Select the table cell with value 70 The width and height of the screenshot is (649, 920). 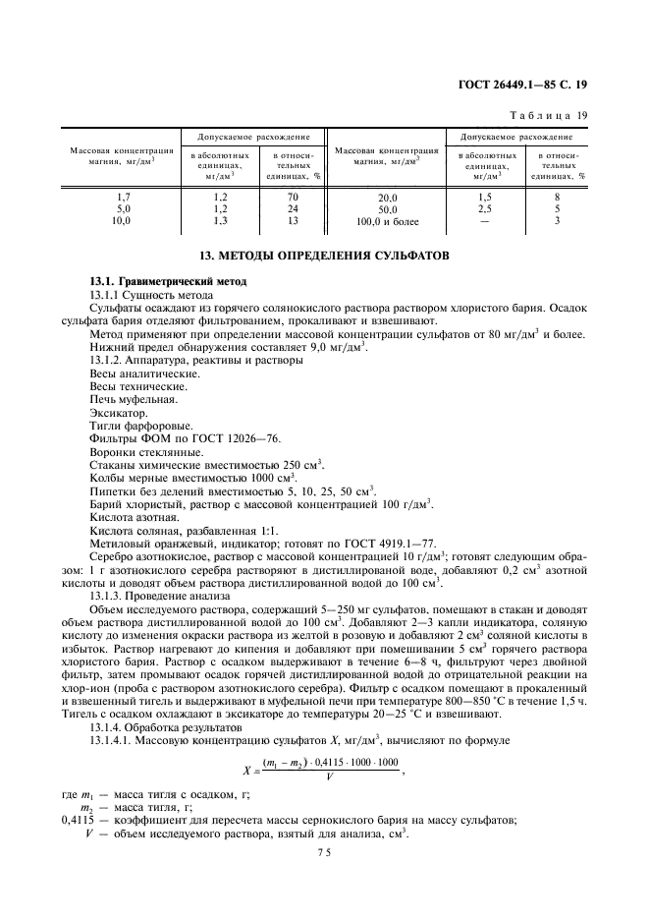tap(291, 197)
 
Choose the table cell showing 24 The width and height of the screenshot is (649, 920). tap(291, 209)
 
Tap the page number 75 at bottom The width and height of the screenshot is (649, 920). tap(324, 854)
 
